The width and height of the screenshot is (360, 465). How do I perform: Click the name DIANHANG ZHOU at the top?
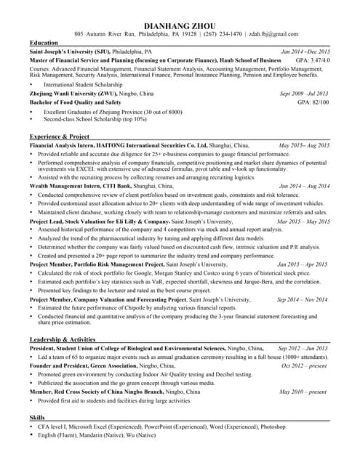point(180,24)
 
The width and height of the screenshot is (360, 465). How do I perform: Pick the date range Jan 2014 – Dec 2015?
point(305,52)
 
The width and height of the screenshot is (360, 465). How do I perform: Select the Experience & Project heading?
point(60,137)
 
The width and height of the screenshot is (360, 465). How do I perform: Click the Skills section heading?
point(37,418)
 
